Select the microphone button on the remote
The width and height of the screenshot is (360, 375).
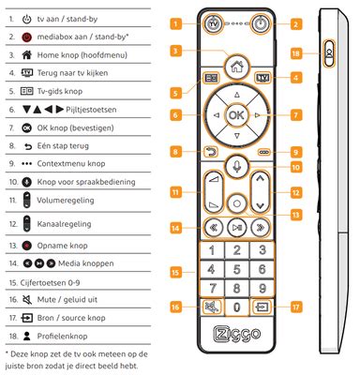237,168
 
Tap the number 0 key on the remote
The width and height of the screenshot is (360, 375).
237,307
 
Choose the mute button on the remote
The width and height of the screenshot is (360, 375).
207,307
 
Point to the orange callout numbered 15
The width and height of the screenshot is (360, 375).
175,270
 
